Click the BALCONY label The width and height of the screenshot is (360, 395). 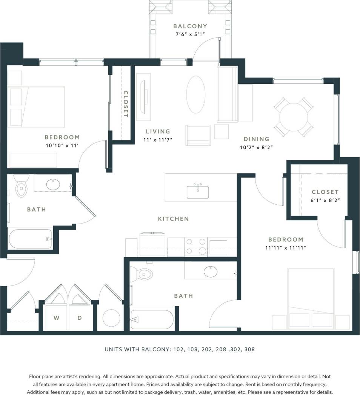[x=190, y=26]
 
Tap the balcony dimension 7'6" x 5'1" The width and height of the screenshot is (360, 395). [x=190, y=34]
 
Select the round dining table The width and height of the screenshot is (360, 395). [x=294, y=117]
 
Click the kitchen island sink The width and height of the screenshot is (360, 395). [x=198, y=191]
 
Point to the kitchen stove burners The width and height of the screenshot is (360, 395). [x=195, y=246]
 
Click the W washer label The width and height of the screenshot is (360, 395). [x=56, y=318]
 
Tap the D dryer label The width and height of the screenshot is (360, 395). [x=80, y=318]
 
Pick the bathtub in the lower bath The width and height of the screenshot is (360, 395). [x=152, y=319]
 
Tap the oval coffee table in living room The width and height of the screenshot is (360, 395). [x=196, y=94]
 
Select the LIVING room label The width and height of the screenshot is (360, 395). [x=158, y=131]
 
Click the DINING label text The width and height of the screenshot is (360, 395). [x=256, y=139]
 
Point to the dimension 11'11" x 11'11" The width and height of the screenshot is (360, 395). [x=285, y=248]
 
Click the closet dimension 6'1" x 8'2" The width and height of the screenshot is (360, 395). [x=325, y=200]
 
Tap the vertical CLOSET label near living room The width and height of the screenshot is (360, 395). [x=126, y=104]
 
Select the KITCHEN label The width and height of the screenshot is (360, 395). [x=173, y=219]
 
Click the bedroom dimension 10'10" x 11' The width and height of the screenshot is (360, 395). [x=62, y=145]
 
